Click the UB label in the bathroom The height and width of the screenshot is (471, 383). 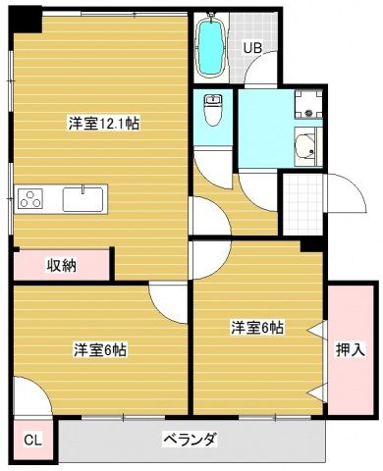pyautogui.click(x=253, y=46)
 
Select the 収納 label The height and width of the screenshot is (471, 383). pyautogui.click(x=63, y=264)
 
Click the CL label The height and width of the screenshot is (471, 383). pyautogui.click(x=31, y=440)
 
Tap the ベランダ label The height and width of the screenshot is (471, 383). pyautogui.click(x=189, y=439)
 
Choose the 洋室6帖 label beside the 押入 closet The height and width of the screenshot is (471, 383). pyautogui.click(x=257, y=327)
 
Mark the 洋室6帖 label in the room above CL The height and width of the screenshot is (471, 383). pyautogui.click(x=99, y=348)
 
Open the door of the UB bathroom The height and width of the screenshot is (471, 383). pyautogui.click(x=257, y=74)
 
